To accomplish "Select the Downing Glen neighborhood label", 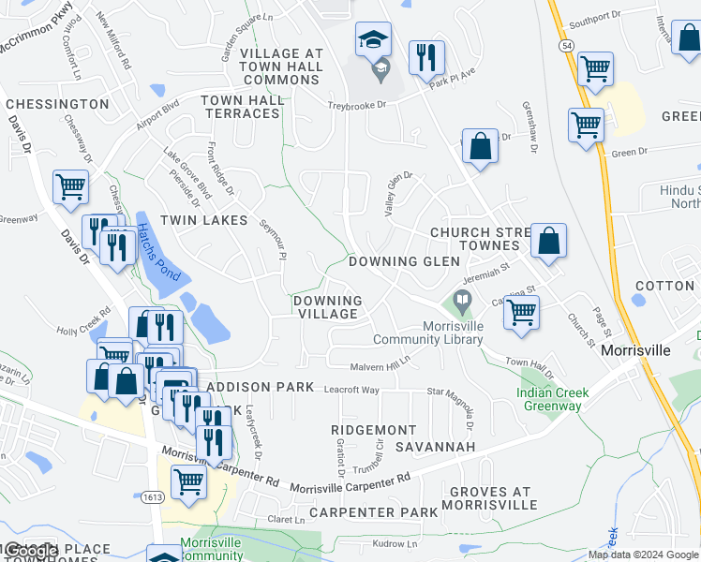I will (404, 261).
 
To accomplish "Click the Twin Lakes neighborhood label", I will (203, 220).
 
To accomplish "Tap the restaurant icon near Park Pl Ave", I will (426, 57).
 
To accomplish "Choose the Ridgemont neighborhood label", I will (374, 429).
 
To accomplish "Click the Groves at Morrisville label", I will (490, 498).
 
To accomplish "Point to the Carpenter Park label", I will (374, 512).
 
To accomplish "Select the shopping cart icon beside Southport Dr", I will (595, 68).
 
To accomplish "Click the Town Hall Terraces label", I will (241, 107).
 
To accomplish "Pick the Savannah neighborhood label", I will (436, 447).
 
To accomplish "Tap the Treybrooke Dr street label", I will (357, 106).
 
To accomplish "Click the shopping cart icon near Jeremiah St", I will (521, 312).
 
